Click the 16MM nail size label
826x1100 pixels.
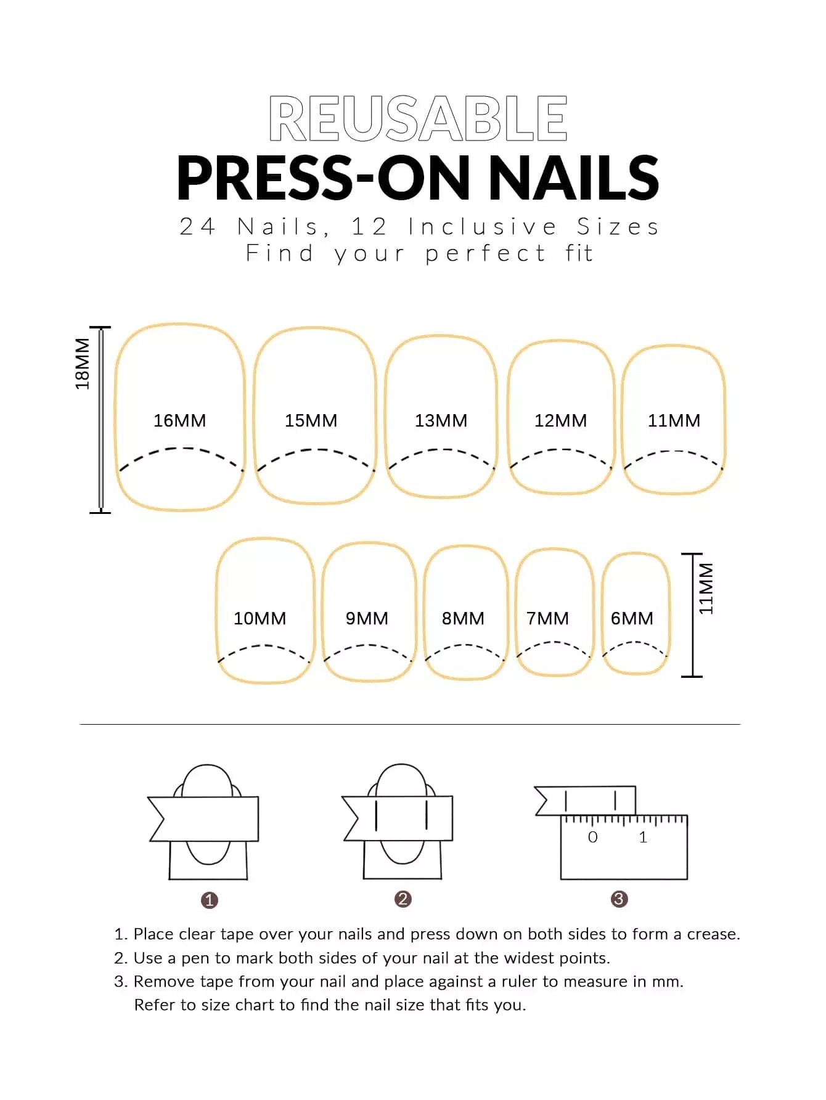click(179, 420)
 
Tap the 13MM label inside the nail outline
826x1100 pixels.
click(441, 420)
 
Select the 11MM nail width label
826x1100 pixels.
click(674, 420)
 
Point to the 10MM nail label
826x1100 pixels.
click(260, 618)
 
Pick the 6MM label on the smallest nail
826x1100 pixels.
click(632, 618)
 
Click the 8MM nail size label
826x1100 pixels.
click(463, 618)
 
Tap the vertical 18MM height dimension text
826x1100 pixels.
click(82, 364)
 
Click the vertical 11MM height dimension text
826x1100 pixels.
click(706, 589)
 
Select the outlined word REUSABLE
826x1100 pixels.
click(418, 119)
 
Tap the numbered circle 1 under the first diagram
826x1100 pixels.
click(210, 900)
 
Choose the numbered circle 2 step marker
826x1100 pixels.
click(403, 899)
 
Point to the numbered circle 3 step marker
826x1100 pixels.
click(619, 899)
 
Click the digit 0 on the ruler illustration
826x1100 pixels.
click(592, 837)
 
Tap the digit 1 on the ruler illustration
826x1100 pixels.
click(643, 837)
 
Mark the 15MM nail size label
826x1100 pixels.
click(311, 420)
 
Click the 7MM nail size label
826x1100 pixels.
click(547, 618)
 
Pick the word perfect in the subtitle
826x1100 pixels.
click(486, 254)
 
